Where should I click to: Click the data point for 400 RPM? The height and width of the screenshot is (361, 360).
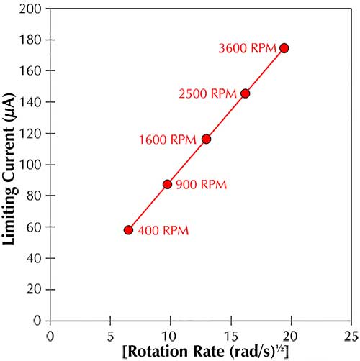[128, 230]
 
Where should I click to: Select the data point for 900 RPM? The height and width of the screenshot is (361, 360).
[167, 184]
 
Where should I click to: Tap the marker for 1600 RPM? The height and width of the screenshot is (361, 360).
[206, 139]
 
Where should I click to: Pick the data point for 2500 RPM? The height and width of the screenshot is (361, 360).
[245, 93]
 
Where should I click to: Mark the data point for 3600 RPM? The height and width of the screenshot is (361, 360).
[284, 48]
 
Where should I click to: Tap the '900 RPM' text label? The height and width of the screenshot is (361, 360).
[202, 185]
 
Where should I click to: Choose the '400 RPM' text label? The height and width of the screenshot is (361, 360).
[163, 231]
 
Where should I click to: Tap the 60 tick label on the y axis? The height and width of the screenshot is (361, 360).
[35, 227]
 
